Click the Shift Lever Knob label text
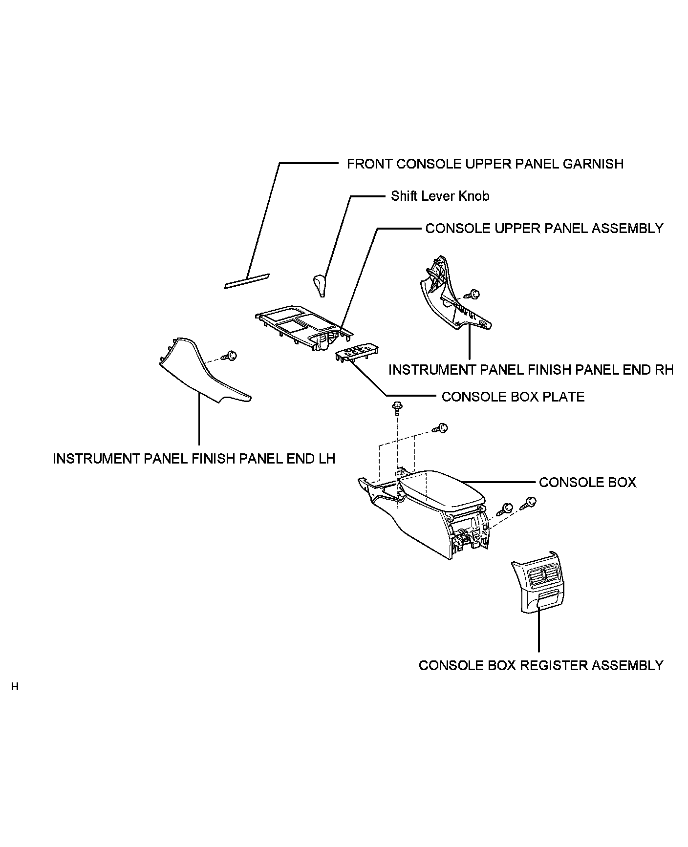pos(440,196)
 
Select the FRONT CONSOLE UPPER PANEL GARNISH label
pos(485,164)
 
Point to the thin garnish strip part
pos(247,281)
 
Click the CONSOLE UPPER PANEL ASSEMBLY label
pos(544,229)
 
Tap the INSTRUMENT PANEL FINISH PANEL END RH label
pos(530,370)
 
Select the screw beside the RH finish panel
pos(473,295)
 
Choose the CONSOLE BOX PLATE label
pos(513,397)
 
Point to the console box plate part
pos(357,352)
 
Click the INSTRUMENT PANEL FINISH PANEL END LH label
pos(194,459)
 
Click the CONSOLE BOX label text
pos(587,483)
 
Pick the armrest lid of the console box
pos(440,491)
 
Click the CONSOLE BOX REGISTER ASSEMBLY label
pos(541,666)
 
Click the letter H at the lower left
pos(15,687)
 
